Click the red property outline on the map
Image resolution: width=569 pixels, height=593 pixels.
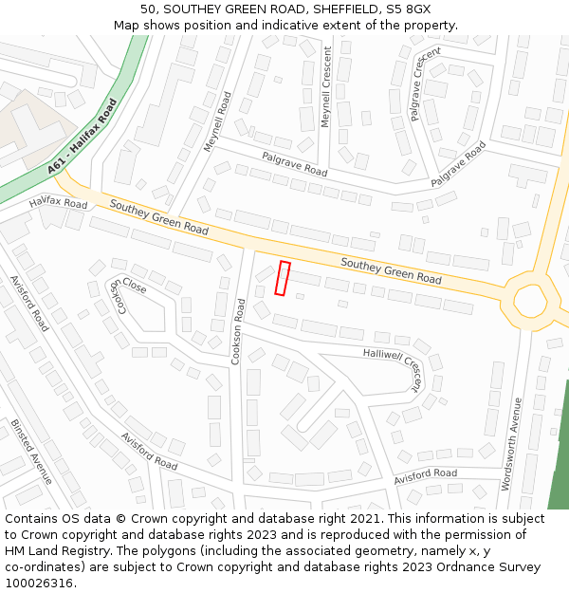(x=282, y=278)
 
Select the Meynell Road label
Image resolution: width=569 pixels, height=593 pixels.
(x=218, y=121)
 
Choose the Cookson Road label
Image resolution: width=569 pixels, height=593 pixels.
(x=239, y=331)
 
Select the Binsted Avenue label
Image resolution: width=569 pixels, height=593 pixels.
(x=31, y=451)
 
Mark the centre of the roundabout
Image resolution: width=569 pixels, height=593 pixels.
(x=530, y=301)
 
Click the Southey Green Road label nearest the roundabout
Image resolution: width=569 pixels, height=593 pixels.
(x=391, y=271)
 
